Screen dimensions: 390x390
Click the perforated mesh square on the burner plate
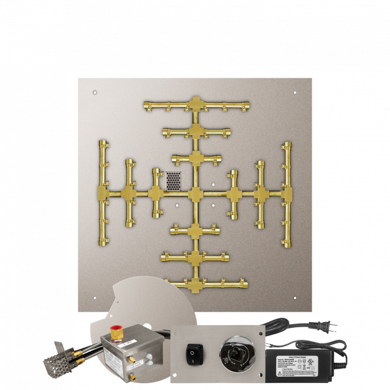pos(173,181)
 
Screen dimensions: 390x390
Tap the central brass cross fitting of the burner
pos(196,193)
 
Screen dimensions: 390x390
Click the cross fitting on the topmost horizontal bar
pos(196,106)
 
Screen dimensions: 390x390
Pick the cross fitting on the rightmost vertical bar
pos(285,193)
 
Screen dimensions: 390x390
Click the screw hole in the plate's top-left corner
pos(94,91)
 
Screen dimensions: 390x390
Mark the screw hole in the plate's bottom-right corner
pos(295,298)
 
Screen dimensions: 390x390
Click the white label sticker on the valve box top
pos(129,343)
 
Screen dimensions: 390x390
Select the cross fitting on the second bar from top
pos(196,131)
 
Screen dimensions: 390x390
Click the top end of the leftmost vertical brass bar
pos(103,143)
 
